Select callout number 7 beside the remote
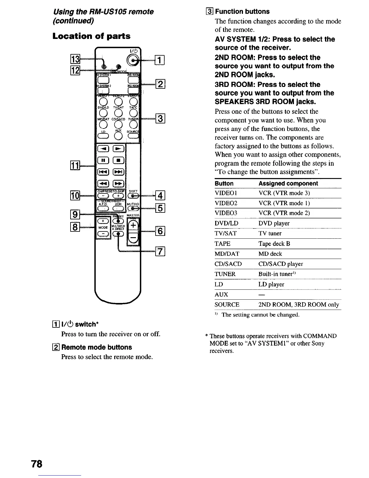[x=160, y=251]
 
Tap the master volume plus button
[x=133, y=226]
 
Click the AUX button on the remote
[x=118, y=136]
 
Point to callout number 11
[x=74, y=166]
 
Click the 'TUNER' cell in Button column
[x=225, y=274]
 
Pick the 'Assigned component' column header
[x=288, y=183]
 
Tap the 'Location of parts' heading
[x=91, y=36]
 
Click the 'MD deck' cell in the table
[x=270, y=254]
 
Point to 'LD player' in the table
[x=271, y=284]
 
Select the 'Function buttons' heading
[x=242, y=11]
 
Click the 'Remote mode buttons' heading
[x=96, y=347]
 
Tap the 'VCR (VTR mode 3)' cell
[x=280, y=193]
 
